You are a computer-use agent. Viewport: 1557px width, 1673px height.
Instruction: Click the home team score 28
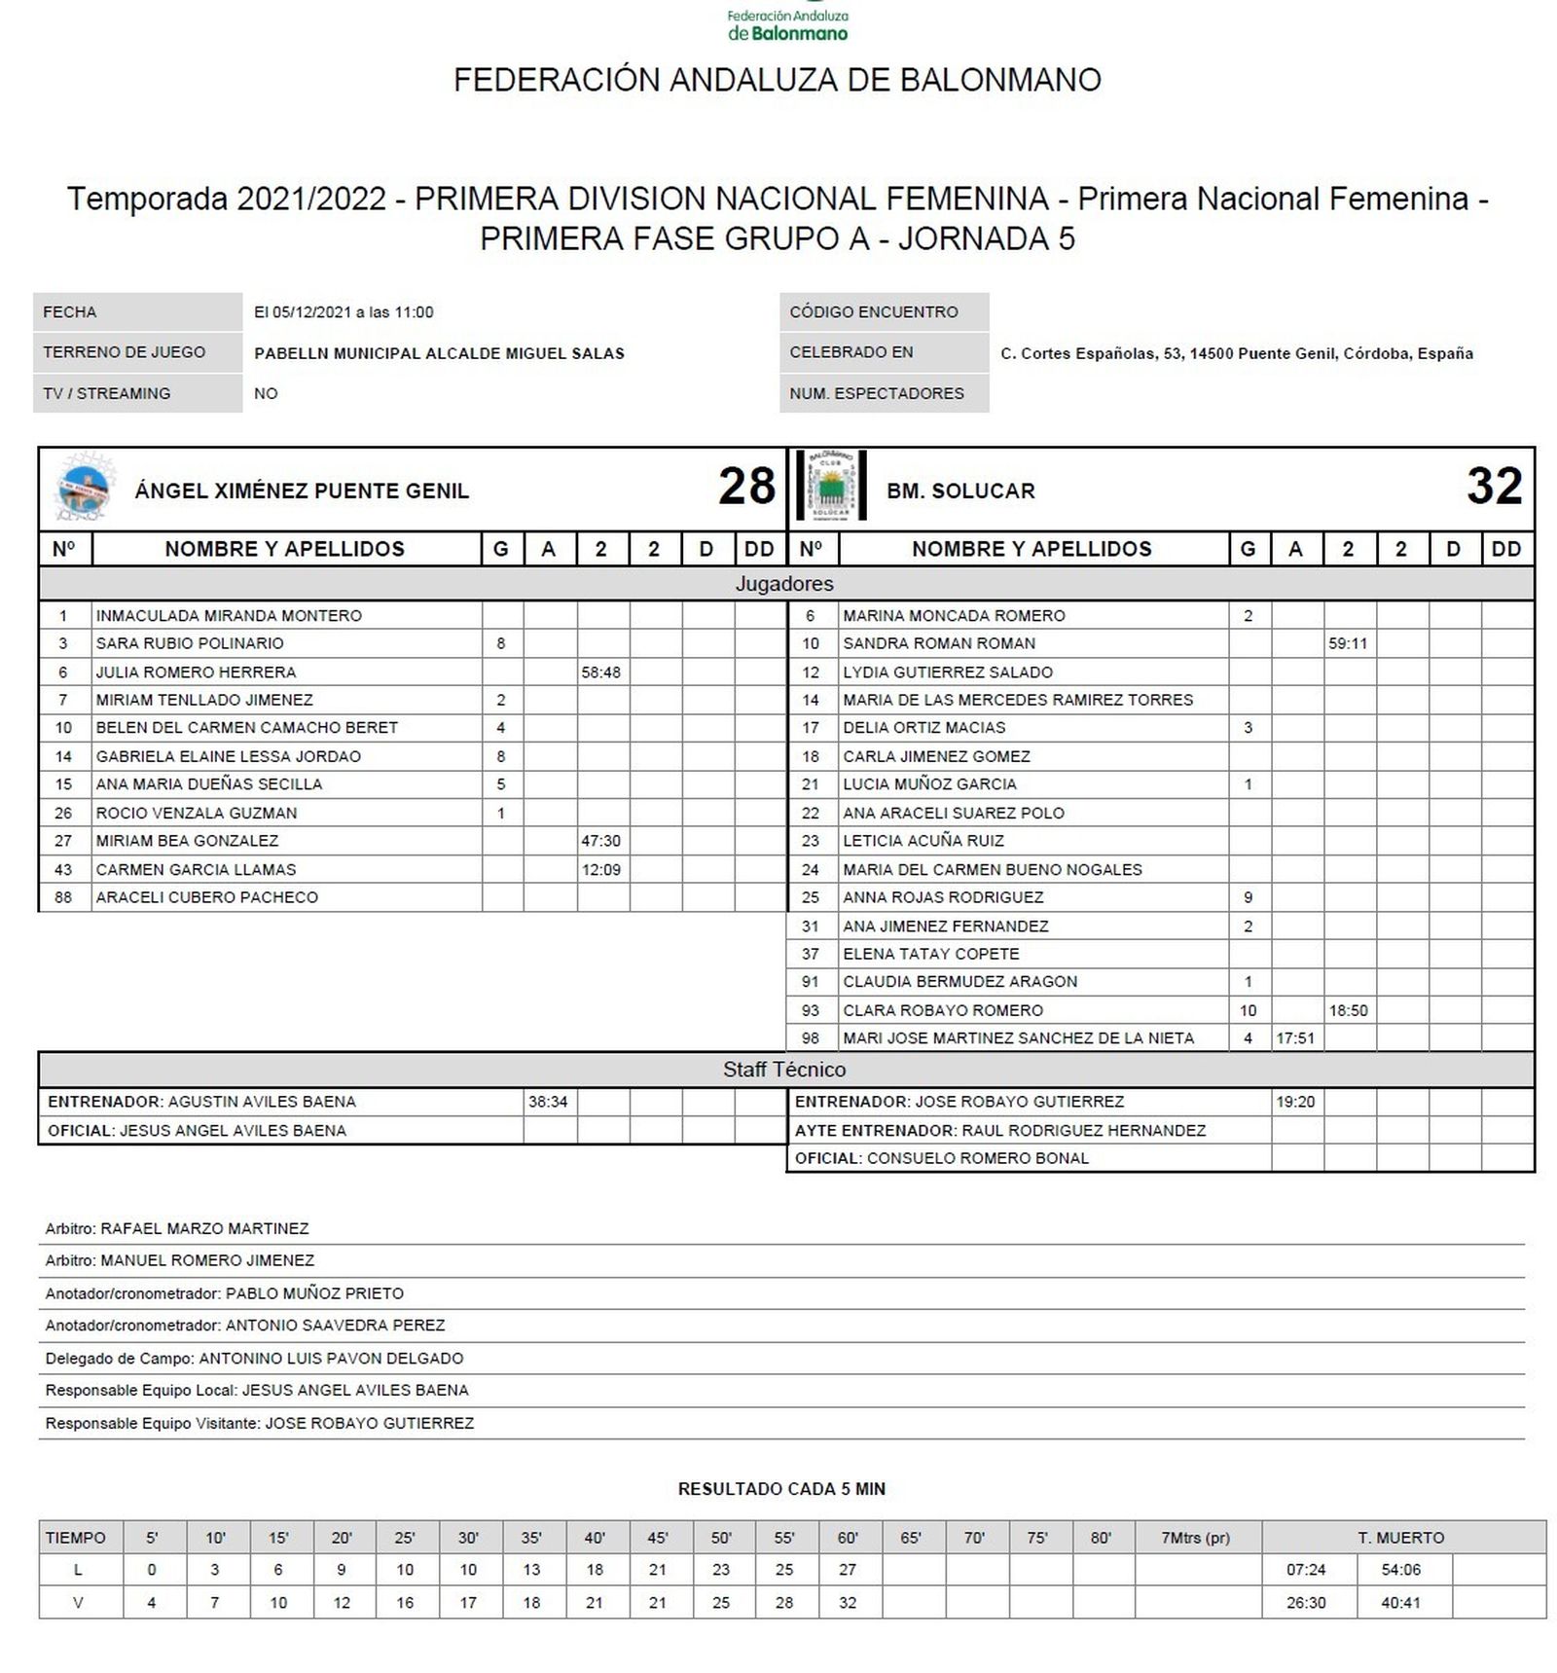[746, 487]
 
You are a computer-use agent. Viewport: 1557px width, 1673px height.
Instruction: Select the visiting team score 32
[1494, 487]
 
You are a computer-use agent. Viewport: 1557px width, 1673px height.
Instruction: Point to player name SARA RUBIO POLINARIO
[190, 643]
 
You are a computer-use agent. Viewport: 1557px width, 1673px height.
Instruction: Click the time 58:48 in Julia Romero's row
[600, 673]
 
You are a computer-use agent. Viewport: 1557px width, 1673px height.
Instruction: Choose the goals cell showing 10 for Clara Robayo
[1248, 1010]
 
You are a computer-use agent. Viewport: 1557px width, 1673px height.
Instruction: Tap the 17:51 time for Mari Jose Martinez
[1294, 1038]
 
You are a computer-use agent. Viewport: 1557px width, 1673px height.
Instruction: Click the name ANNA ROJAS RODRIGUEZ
[943, 897]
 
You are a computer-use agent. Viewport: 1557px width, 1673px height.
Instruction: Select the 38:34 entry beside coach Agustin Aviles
[548, 1102]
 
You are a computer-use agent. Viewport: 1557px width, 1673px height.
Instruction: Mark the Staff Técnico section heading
[784, 1070]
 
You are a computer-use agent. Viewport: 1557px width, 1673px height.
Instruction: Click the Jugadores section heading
[784, 584]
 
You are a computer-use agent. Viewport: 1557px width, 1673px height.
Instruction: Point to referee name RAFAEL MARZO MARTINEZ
[204, 1228]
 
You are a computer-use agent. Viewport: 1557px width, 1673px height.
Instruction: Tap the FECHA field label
[70, 312]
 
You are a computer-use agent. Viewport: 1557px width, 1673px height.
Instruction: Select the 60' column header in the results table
[848, 1538]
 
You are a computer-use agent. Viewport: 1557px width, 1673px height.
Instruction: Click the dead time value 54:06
[1400, 1570]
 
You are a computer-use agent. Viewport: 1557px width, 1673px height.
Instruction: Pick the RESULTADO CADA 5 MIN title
[781, 1489]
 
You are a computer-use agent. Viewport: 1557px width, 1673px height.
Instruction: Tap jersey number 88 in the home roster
[63, 897]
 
